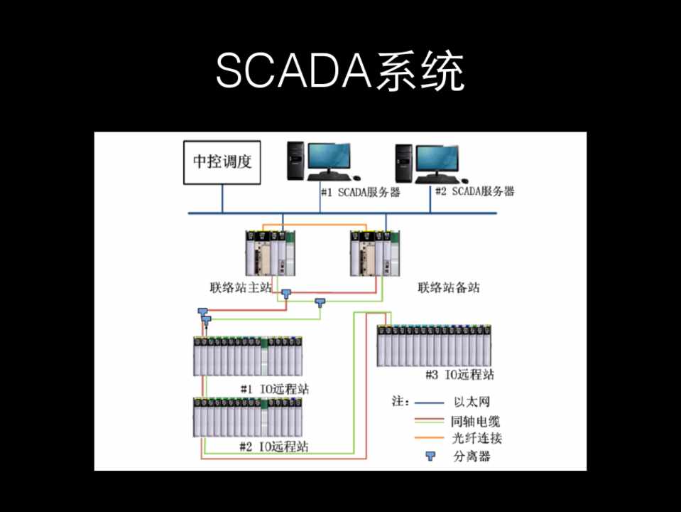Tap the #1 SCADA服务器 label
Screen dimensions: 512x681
point(360,192)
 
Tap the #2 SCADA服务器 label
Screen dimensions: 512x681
point(474,191)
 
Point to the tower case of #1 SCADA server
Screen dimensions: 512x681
point(295,160)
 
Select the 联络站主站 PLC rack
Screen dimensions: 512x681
point(271,253)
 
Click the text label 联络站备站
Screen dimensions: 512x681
point(447,288)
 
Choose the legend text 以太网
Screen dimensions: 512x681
point(470,402)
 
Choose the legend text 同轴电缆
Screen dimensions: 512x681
point(475,421)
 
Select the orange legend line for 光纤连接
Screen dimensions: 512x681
point(428,438)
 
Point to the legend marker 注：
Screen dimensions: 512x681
point(401,402)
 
